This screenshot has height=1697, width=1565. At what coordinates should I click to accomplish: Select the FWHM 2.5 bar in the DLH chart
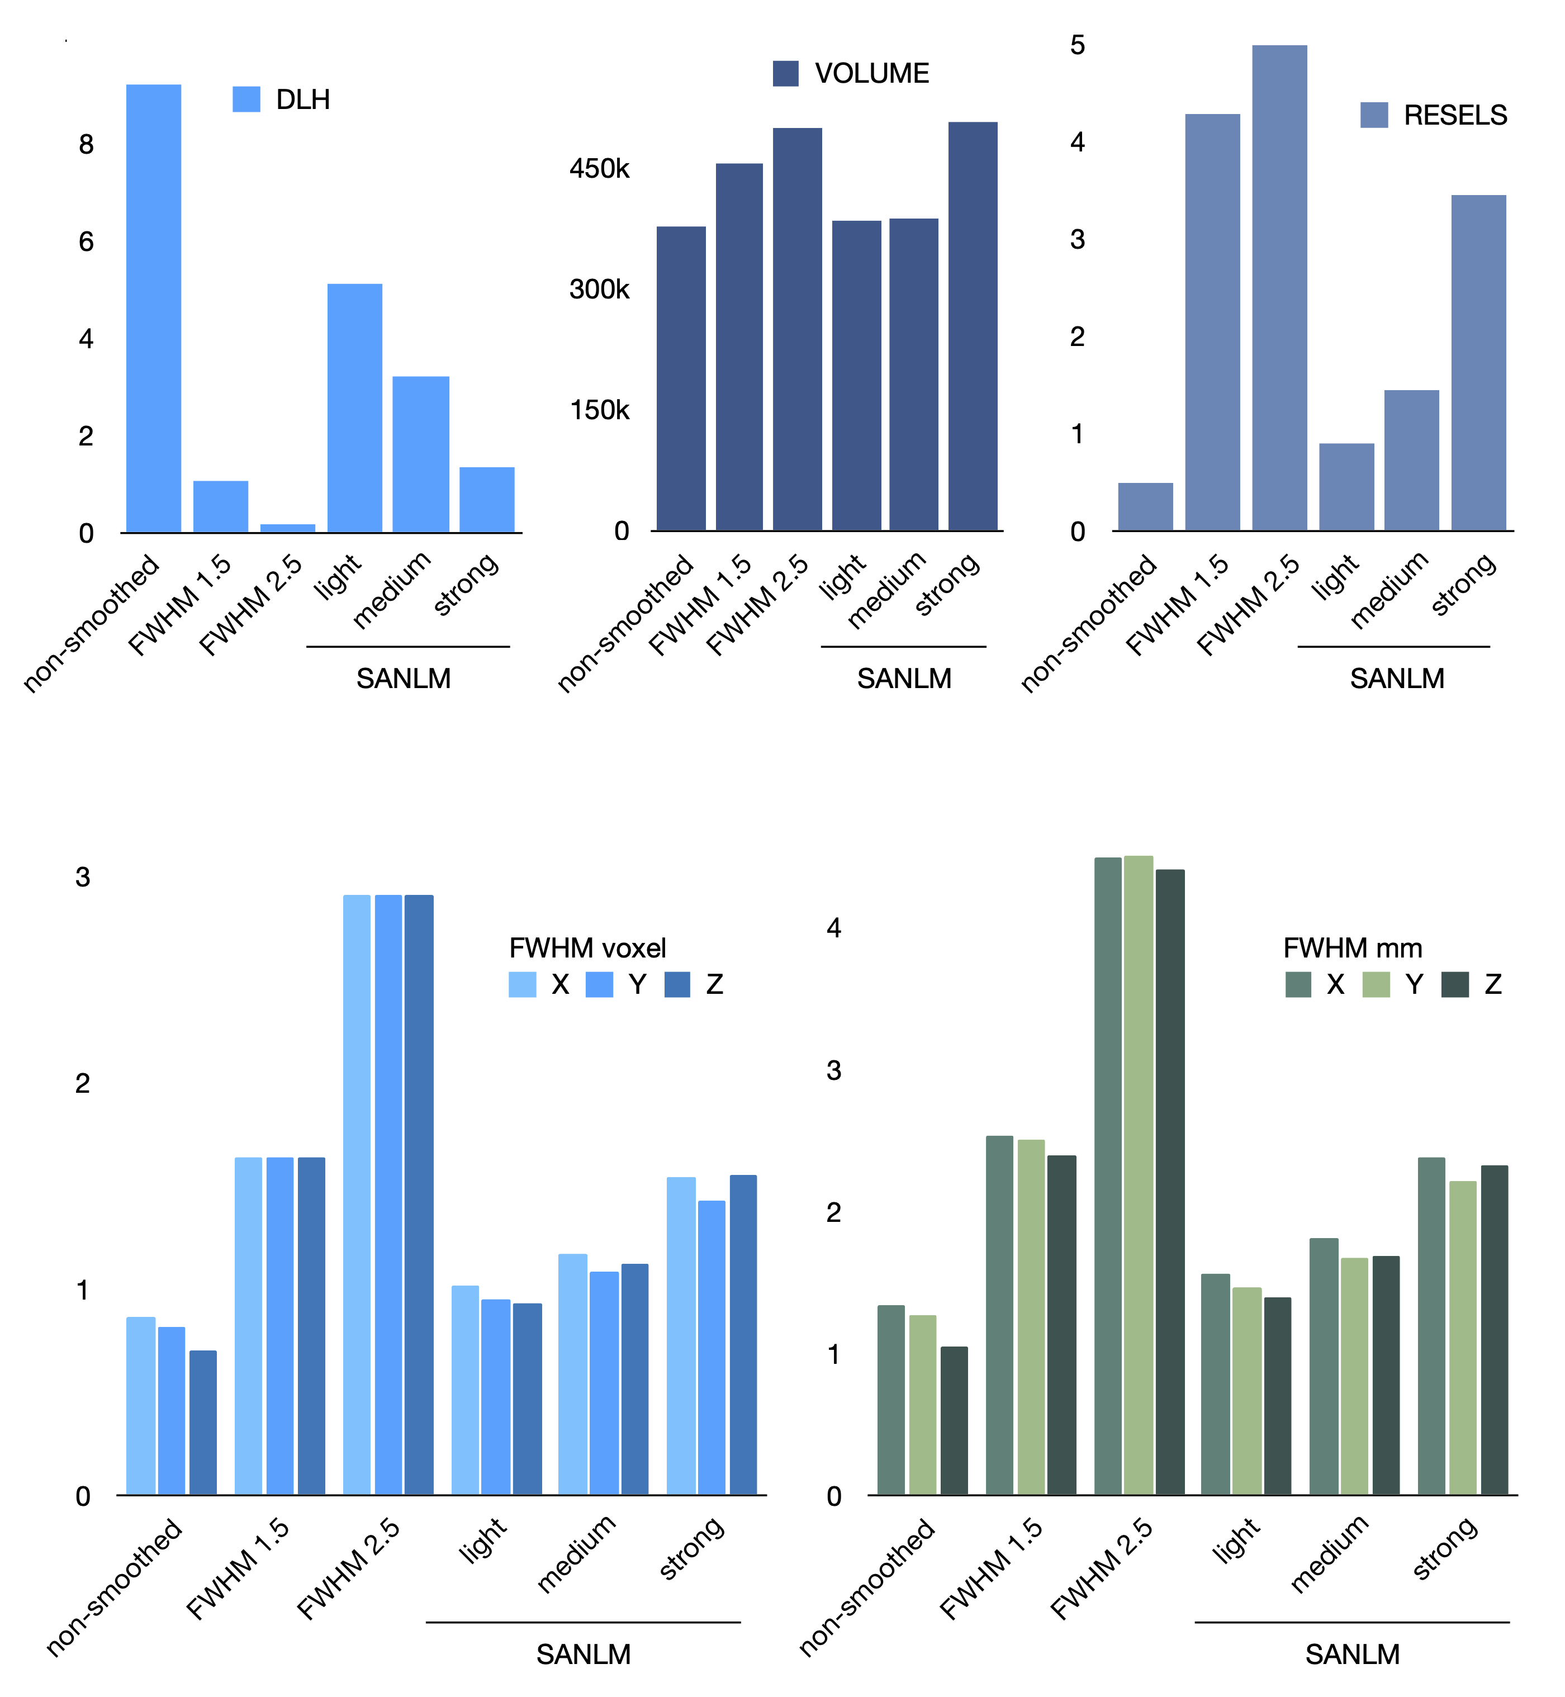click(x=287, y=528)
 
